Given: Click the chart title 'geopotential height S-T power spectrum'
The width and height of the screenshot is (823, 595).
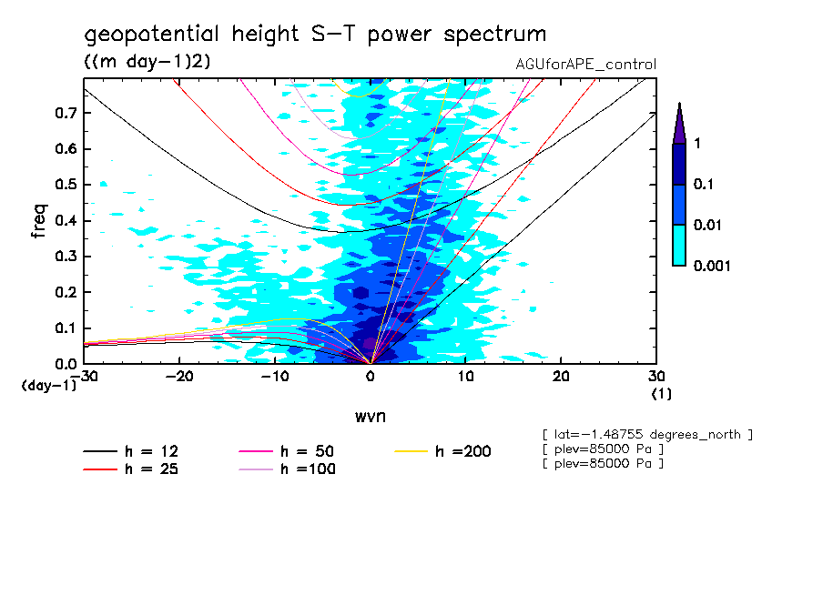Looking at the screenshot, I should coord(315,35).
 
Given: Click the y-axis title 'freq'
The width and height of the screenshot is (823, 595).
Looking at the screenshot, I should coord(38,221).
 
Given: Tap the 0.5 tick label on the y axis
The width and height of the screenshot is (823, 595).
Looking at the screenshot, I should coord(66,185).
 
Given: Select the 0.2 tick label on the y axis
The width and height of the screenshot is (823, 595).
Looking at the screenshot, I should coord(66,292).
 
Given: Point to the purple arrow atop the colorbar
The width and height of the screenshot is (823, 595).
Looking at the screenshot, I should coord(679,123).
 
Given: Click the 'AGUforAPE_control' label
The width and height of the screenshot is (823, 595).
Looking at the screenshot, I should coord(585,65).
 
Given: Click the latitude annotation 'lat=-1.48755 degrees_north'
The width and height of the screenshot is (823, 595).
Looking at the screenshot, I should coord(646,434).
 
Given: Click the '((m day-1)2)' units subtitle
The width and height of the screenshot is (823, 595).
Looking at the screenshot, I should coord(137,61).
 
